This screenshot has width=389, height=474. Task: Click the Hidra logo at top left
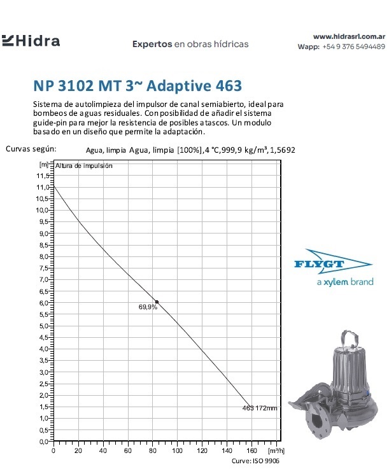coord(31,42)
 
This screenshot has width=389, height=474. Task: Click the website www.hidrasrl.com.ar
coord(350,37)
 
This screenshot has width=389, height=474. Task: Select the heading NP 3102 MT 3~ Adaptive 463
coord(137,85)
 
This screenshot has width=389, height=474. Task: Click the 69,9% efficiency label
coord(148,307)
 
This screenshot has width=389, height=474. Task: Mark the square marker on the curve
coord(157,302)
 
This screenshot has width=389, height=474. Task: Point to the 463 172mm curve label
coord(260,408)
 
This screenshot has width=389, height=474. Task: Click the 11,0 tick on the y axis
coord(44,187)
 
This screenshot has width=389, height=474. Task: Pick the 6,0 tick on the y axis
coord(44,303)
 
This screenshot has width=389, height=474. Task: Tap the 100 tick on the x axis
coord(177,450)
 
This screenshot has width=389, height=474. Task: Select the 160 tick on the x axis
coord(251,450)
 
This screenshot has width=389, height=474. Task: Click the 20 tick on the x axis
coord(78,450)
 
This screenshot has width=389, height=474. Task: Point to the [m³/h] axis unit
coord(272,450)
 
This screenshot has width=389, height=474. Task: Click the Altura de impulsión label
coord(84,165)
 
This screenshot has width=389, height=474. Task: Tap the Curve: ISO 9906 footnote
coord(255,461)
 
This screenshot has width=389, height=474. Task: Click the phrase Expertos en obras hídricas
coord(190,45)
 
